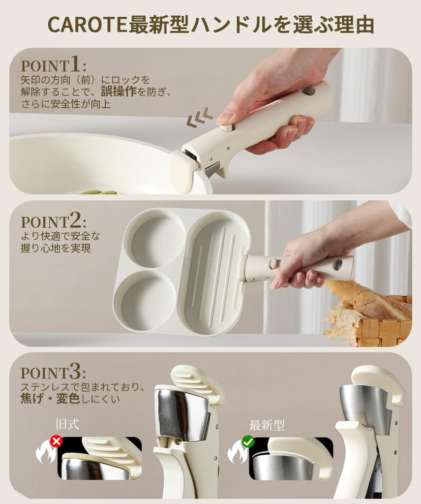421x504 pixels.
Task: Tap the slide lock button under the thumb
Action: (x=226, y=128)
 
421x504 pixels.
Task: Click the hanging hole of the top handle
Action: (x=308, y=91)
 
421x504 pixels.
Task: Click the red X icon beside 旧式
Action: (x=56, y=441)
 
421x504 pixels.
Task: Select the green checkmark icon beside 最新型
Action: (x=248, y=441)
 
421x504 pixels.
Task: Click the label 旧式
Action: (x=67, y=424)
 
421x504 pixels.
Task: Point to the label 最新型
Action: (x=267, y=425)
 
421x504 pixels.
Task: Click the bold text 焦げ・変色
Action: (x=50, y=399)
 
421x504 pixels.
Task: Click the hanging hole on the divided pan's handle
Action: (x=337, y=264)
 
